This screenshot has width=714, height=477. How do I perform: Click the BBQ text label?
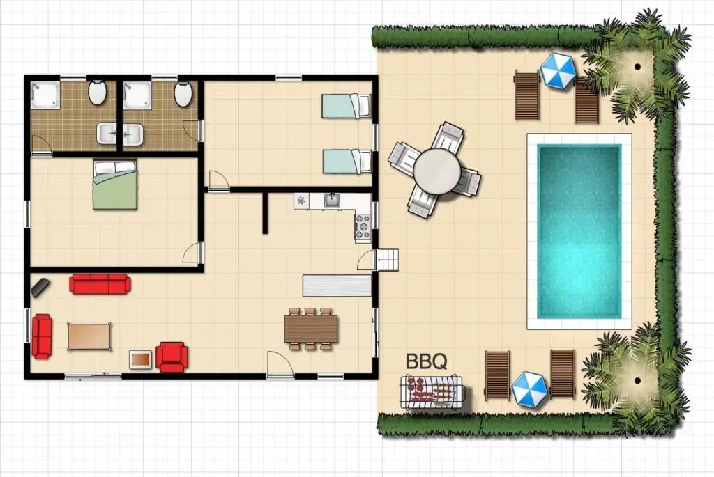(426, 361)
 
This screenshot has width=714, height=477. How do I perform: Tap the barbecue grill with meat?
(432, 391)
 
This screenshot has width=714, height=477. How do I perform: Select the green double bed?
(115, 184)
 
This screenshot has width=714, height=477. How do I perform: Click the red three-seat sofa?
(100, 283)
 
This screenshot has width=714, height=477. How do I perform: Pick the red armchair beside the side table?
(172, 357)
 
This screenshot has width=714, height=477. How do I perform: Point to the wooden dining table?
(311, 329)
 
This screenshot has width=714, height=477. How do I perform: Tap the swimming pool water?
(579, 231)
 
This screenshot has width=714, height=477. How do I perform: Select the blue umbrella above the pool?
(558, 70)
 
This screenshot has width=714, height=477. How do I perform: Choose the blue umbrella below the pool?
(529, 389)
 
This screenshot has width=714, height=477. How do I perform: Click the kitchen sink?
(333, 201)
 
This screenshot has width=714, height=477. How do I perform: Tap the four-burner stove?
(363, 227)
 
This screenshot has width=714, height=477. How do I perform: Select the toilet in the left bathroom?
(97, 93)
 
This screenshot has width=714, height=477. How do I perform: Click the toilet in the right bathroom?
(183, 94)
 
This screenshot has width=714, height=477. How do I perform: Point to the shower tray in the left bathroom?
(45, 95)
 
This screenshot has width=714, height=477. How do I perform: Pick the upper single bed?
(346, 106)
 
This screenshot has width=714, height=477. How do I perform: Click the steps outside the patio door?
(387, 260)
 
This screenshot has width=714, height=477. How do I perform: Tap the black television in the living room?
(40, 288)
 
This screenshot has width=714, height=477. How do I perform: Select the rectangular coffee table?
(90, 336)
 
